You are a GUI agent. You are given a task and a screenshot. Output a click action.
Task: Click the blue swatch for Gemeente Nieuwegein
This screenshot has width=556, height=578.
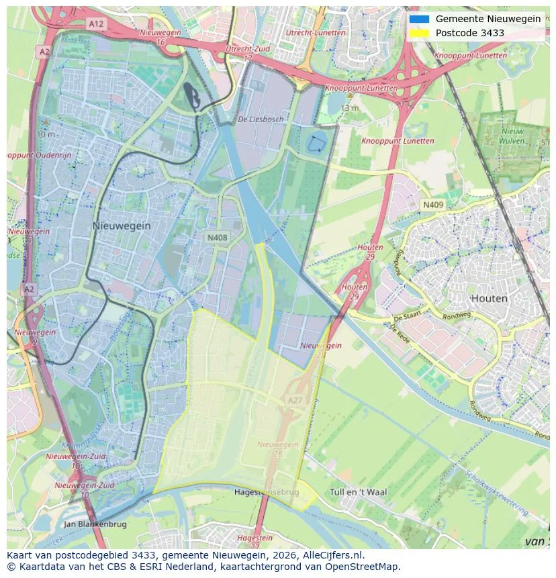click(x=419, y=19)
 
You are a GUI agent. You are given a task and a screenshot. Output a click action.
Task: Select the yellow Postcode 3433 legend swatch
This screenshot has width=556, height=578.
click(x=419, y=33)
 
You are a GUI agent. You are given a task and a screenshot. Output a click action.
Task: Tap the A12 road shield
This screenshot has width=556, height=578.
click(x=96, y=23)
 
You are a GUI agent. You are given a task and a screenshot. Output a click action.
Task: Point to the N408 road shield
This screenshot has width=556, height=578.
click(x=217, y=238)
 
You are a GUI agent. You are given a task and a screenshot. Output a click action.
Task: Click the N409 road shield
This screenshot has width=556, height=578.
click(x=432, y=204)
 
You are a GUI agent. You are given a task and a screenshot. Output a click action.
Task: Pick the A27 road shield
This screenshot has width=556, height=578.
click(x=295, y=400)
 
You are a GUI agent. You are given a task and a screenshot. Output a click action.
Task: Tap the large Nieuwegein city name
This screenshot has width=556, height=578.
click(x=122, y=226)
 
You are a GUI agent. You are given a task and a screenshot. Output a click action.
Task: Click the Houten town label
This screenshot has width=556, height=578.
click(x=489, y=298)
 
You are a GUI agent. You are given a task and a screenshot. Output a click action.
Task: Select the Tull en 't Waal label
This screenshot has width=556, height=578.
click(x=358, y=492)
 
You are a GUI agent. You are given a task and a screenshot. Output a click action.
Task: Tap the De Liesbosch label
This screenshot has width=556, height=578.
click(x=261, y=119)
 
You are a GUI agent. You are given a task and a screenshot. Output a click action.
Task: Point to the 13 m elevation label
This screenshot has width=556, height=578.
click(x=349, y=108)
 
